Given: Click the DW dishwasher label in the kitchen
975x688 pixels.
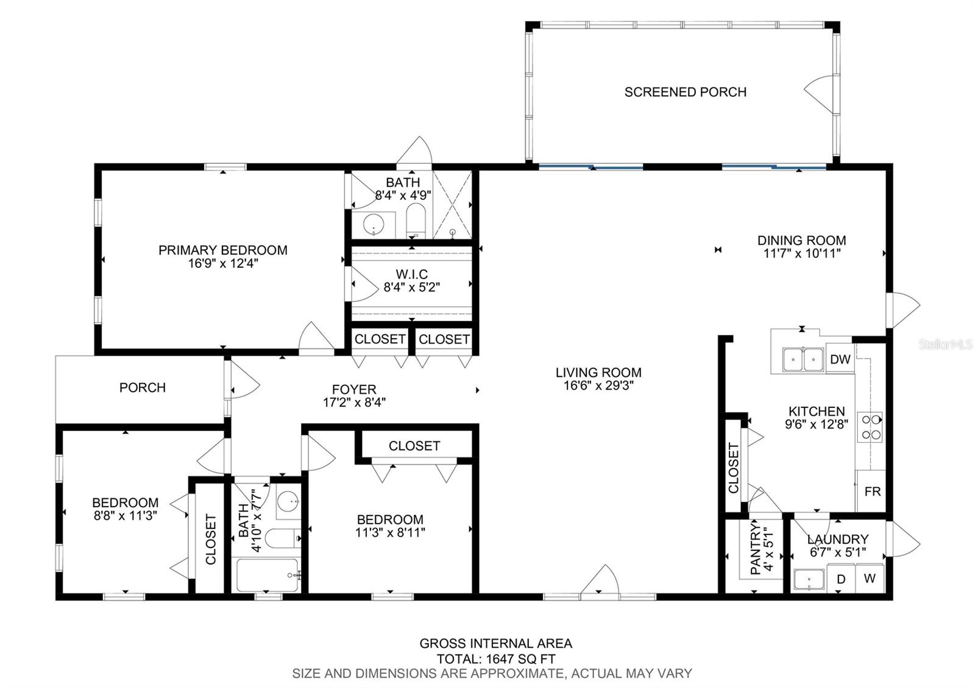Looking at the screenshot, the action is point(840,359).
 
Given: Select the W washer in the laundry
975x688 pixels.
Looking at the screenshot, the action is point(870,578).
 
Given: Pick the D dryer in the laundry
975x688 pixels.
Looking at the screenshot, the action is point(841,579).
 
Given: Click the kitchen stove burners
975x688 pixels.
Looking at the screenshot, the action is point(870,427).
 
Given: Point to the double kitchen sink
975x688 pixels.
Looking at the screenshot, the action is point(803,360).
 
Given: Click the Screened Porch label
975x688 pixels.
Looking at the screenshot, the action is point(685,92).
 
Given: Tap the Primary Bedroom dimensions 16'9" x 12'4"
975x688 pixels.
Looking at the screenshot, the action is point(223,263).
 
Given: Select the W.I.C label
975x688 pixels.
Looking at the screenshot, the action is point(411,275).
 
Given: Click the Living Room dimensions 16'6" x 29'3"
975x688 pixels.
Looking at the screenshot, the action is point(598,385).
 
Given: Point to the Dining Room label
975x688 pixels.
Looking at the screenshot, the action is point(802,240).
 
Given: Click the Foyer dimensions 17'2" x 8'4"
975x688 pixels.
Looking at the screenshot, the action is point(354,402).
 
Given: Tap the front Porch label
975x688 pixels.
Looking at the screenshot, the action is point(143,387).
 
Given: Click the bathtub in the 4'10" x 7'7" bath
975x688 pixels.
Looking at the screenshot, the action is point(268,575).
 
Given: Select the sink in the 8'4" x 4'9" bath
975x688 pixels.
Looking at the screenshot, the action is point(374,225).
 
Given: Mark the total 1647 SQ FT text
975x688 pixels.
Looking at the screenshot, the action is point(496,659).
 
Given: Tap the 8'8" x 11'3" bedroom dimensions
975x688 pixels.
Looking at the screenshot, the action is point(125,515).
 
